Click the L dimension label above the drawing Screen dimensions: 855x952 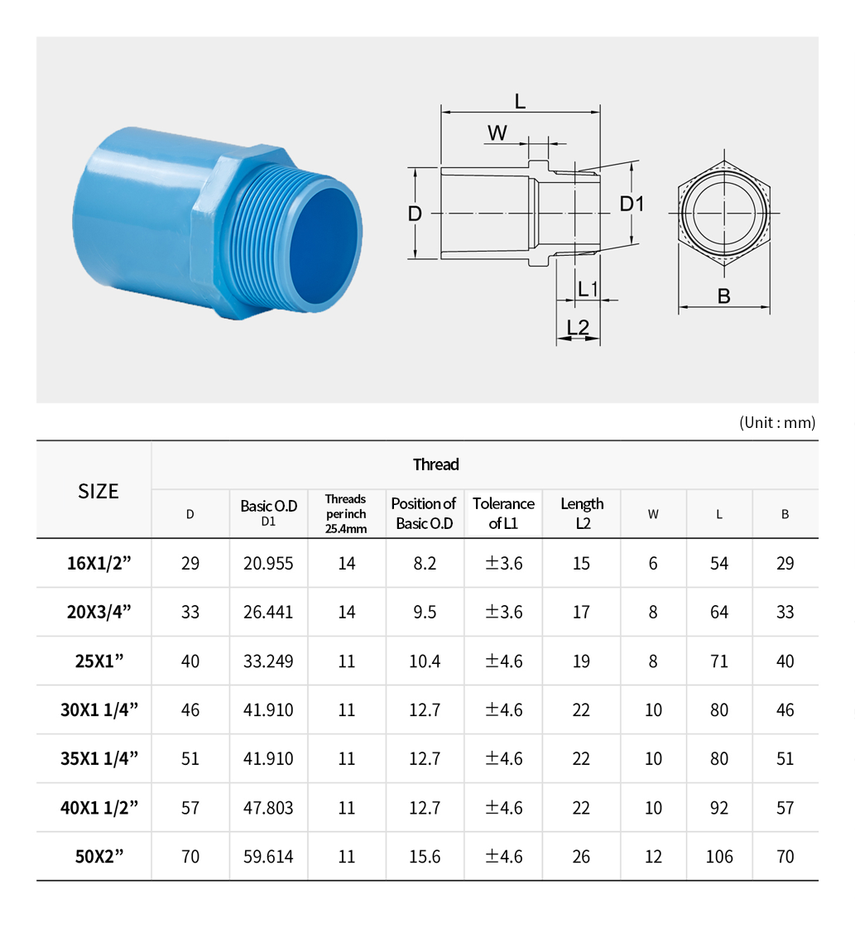[x=520, y=101]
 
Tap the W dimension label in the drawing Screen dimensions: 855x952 [x=497, y=133]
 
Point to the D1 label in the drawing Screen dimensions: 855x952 [x=632, y=204]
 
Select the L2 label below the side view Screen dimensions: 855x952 [x=578, y=327]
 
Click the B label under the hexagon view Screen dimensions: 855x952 [x=724, y=296]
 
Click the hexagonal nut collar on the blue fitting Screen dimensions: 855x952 [x=233, y=231]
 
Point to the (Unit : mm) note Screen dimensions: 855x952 [x=777, y=422]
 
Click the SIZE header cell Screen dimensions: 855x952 [x=98, y=491]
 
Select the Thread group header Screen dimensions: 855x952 [x=436, y=464]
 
